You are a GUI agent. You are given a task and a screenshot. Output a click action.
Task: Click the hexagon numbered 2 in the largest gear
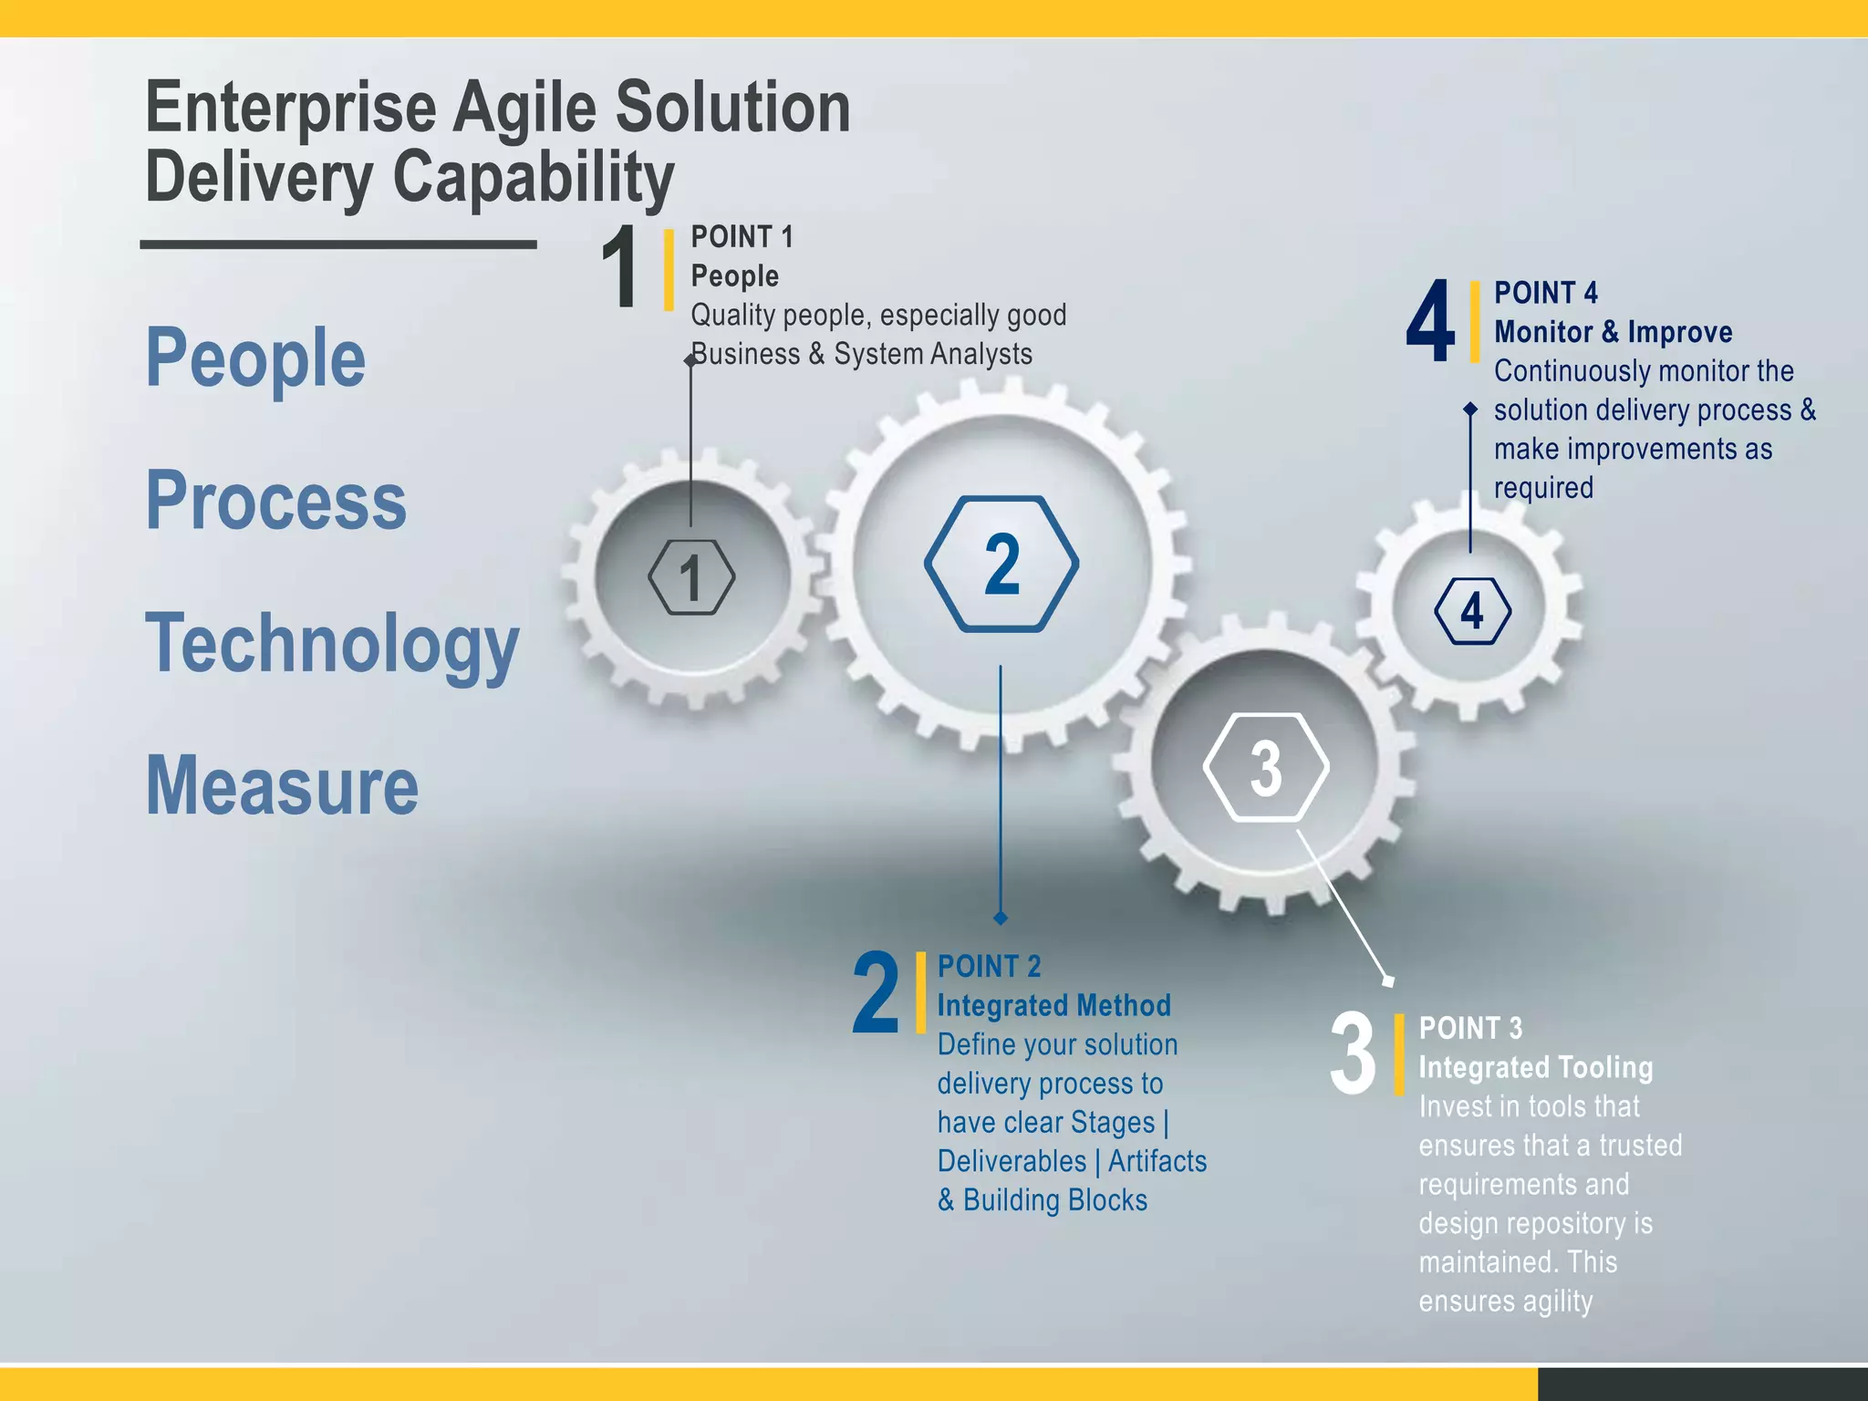pyautogui.click(x=1001, y=564)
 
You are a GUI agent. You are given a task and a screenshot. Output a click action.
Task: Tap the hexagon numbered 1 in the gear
pyautogui.click(x=691, y=577)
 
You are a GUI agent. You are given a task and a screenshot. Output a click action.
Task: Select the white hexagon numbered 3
pyautogui.click(x=1266, y=768)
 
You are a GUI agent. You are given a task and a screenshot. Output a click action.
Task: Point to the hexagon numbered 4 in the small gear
pyautogui.click(x=1472, y=611)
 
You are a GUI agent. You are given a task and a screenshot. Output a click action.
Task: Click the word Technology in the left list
pyautogui.click(x=332, y=644)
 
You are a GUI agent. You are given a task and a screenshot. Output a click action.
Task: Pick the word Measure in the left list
pyautogui.click(x=282, y=786)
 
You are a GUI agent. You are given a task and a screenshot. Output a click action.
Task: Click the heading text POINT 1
pyautogui.click(x=742, y=237)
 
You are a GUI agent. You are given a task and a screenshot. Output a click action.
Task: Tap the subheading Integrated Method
pyautogui.click(x=1053, y=1005)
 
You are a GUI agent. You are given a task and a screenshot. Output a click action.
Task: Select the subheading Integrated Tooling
pyautogui.click(x=1535, y=1067)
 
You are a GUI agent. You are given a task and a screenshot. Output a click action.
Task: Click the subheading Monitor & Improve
pyautogui.click(x=1613, y=332)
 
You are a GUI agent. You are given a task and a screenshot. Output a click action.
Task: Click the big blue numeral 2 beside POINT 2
pyautogui.click(x=876, y=992)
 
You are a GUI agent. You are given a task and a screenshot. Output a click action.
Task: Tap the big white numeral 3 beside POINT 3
pyautogui.click(x=1354, y=1054)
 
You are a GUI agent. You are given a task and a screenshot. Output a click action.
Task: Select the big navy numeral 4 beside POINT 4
pyautogui.click(x=1430, y=321)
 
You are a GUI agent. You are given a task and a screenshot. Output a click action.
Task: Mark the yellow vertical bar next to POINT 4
pyautogui.click(x=1474, y=321)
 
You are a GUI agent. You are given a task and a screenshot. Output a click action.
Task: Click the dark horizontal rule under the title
pyautogui.click(x=337, y=244)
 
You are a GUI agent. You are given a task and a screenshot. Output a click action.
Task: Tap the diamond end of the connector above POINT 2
pyautogui.click(x=1001, y=918)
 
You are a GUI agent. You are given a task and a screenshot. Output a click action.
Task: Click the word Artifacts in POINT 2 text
pyautogui.click(x=1157, y=1161)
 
